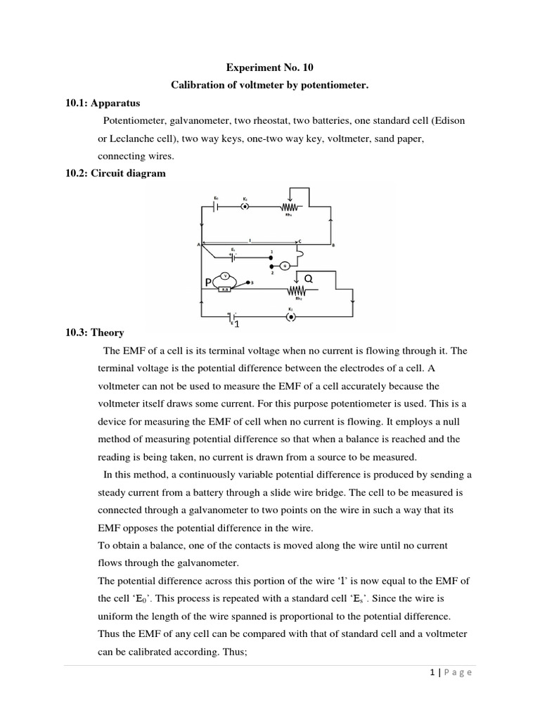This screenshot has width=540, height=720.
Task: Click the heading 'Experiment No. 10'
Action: (x=269, y=68)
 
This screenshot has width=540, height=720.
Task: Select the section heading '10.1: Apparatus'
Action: (x=91, y=103)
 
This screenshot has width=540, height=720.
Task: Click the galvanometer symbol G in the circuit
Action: (x=285, y=265)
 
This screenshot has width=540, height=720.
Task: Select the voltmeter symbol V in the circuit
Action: (x=225, y=275)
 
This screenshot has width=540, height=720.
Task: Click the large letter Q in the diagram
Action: (x=307, y=279)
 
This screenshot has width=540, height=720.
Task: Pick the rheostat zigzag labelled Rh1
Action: (x=290, y=207)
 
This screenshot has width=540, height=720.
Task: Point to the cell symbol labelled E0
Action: (x=217, y=207)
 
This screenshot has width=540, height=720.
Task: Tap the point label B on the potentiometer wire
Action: (x=333, y=245)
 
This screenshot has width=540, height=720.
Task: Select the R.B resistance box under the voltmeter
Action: (x=224, y=288)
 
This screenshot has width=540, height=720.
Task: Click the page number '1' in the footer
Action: (x=430, y=672)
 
